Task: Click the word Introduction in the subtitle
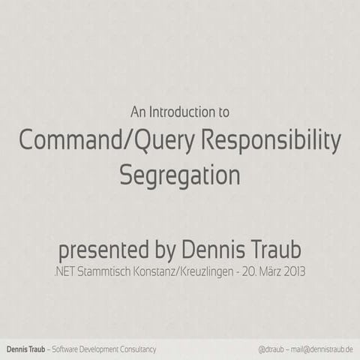180,112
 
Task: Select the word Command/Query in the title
99,141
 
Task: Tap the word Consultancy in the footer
138,349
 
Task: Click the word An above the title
137,112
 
